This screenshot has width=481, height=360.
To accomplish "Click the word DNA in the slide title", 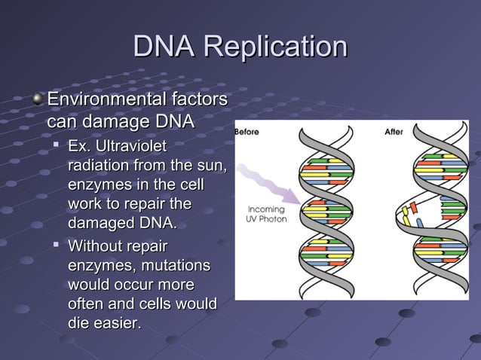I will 164,47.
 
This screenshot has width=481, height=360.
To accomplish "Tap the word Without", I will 94,246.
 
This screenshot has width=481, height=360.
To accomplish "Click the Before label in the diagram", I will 247,132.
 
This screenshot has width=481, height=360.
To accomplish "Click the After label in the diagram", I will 394,132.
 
